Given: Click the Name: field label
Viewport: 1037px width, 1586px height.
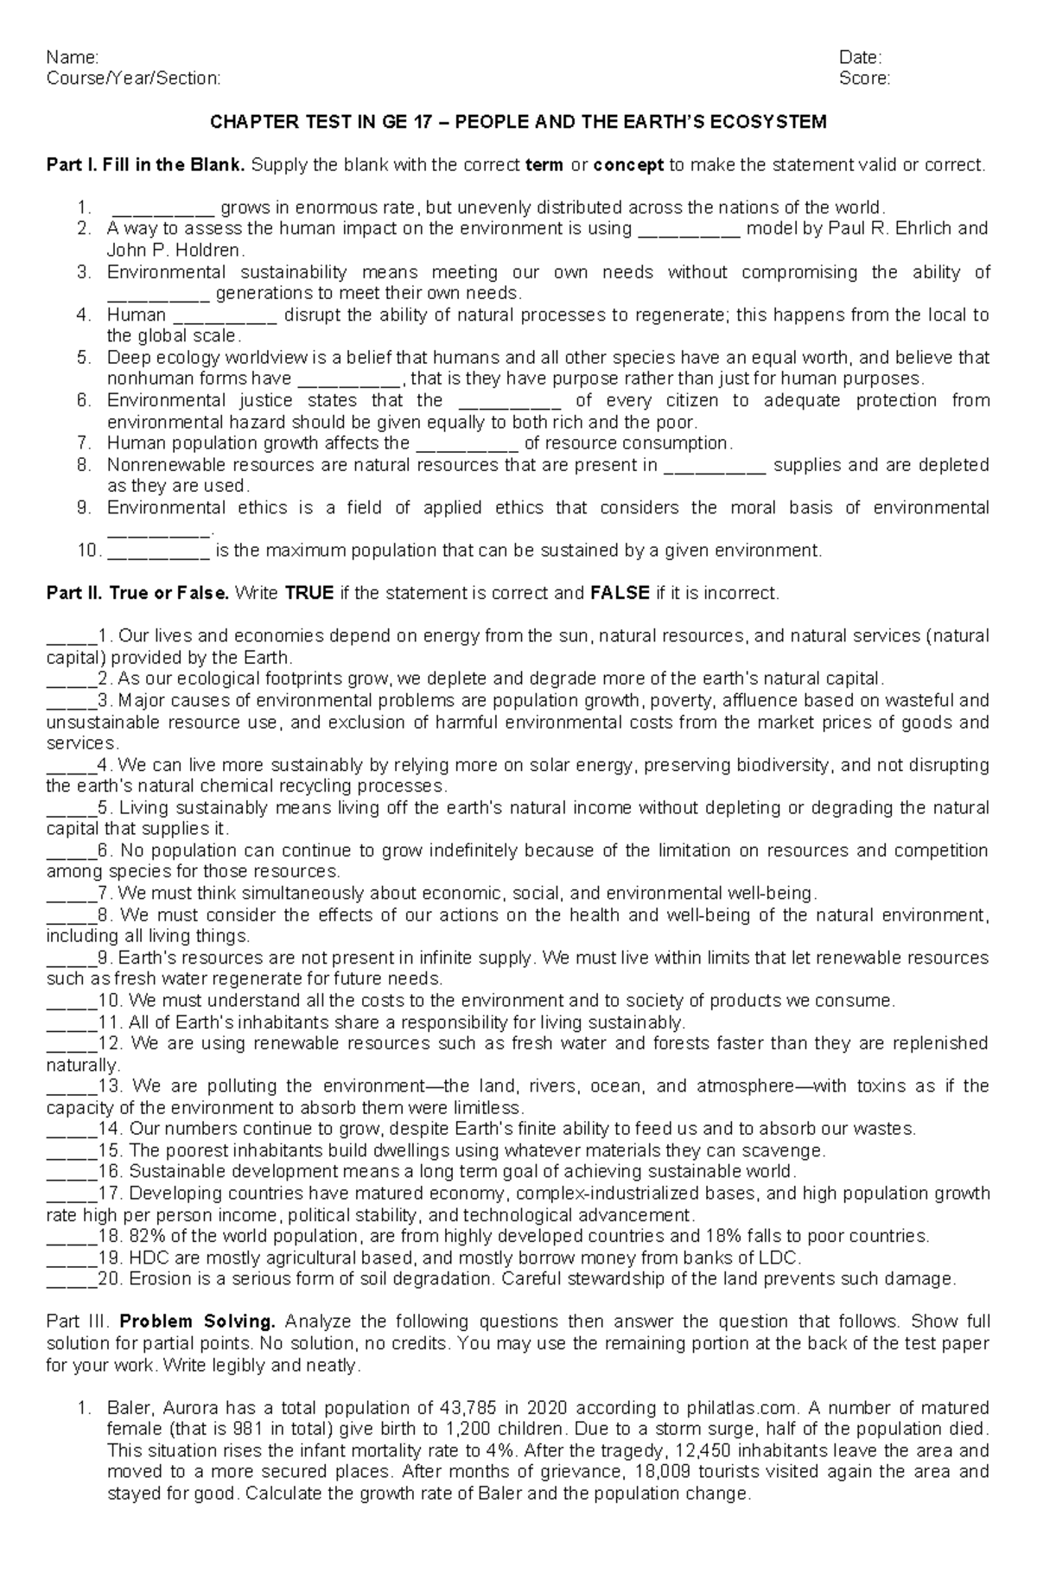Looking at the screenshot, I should [73, 58].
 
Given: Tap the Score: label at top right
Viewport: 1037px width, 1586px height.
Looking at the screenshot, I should [864, 79].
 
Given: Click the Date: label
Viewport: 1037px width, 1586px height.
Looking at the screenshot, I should [860, 58].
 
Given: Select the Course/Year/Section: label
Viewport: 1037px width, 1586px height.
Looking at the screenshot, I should [133, 79].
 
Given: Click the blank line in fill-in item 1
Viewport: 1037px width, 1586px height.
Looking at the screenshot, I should [163, 209].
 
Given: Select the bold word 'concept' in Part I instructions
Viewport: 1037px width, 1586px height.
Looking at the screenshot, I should [628, 164].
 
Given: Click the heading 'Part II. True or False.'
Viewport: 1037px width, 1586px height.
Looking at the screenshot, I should [137, 593].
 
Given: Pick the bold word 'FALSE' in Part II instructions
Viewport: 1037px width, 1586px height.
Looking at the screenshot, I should [620, 593].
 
